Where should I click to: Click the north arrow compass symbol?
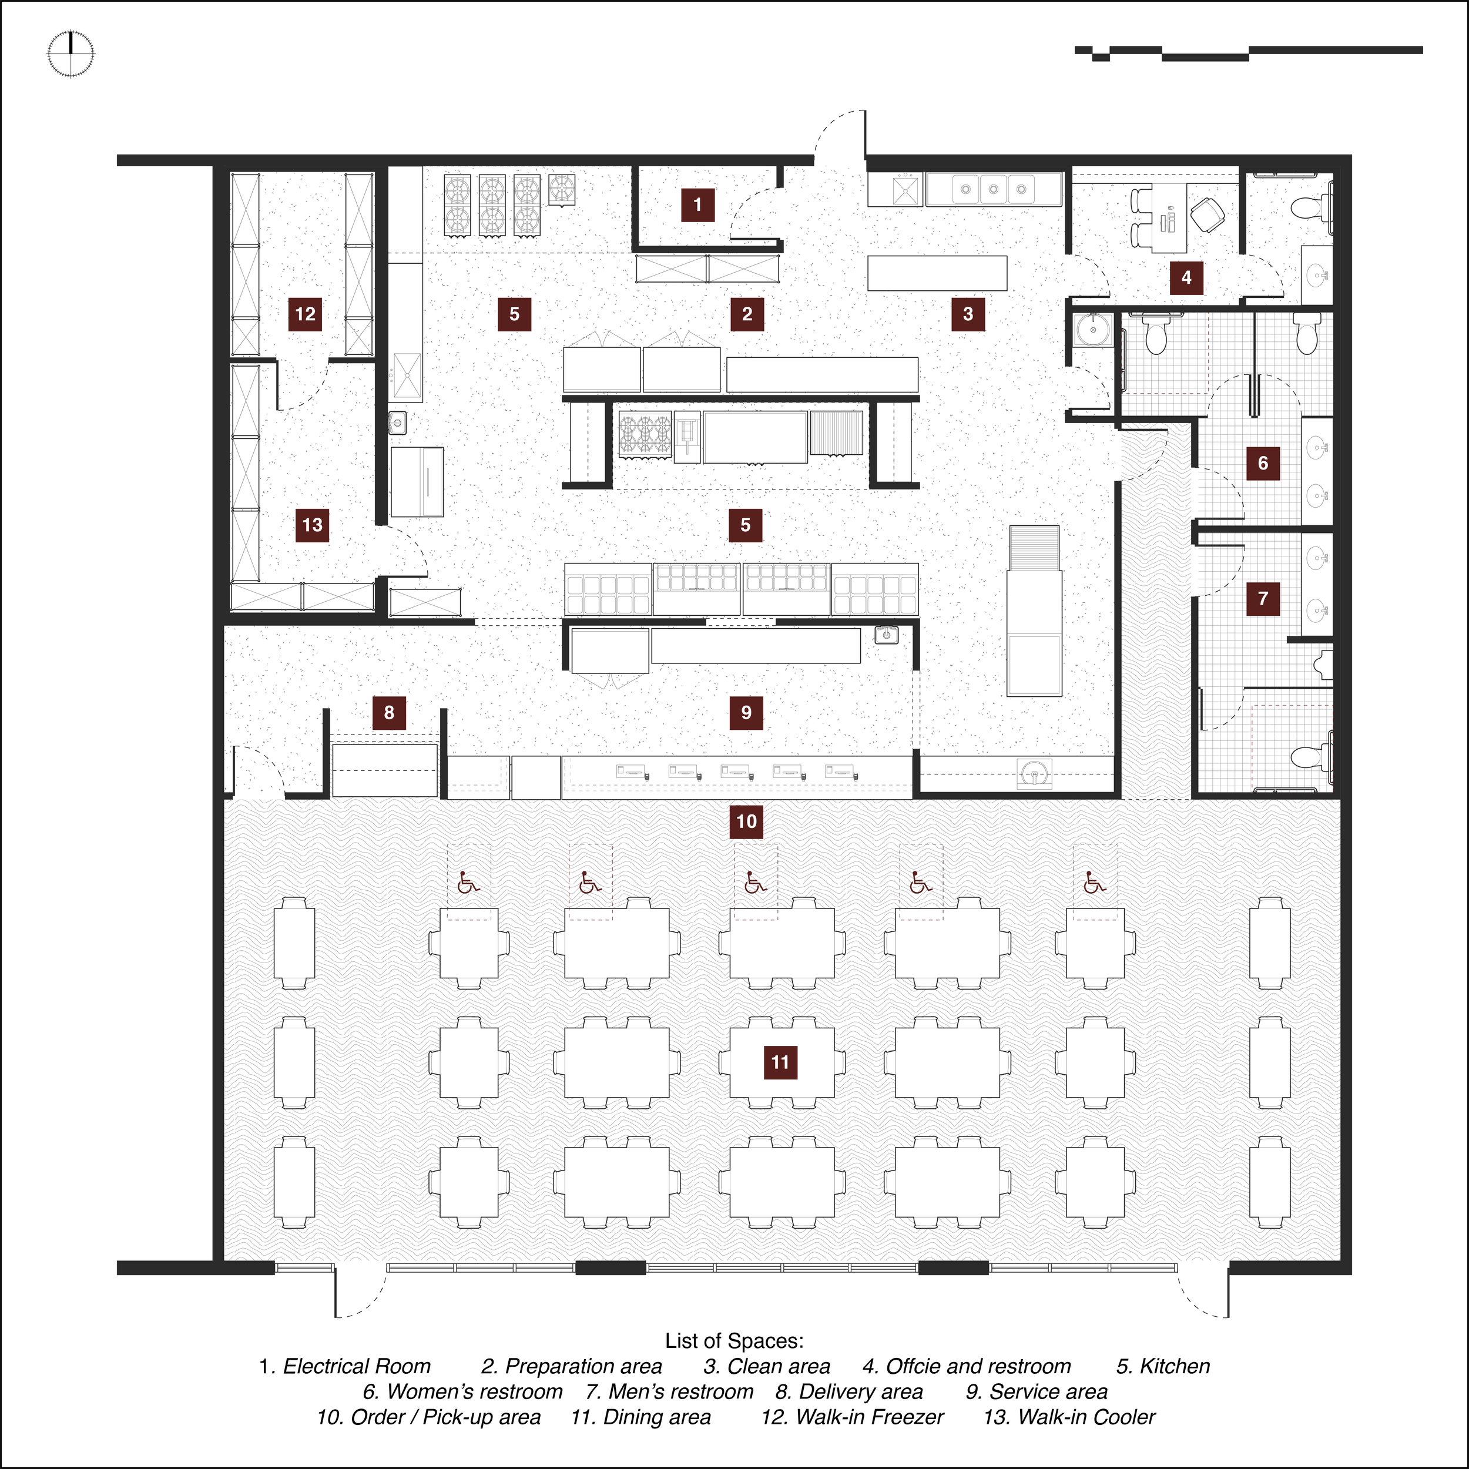pyautogui.click(x=71, y=54)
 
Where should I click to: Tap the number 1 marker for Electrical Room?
pyautogui.click(x=697, y=204)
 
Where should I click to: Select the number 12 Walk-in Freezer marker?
pyautogui.click(x=305, y=314)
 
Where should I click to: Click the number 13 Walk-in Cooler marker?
pyautogui.click(x=313, y=525)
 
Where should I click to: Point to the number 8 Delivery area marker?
pyautogui.click(x=390, y=712)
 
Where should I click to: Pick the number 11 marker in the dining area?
pyautogui.click(x=780, y=1062)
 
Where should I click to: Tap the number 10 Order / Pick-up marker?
pyautogui.click(x=747, y=821)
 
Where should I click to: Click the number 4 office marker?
pyautogui.click(x=1186, y=277)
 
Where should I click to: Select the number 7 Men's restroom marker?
pyautogui.click(x=1263, y=598)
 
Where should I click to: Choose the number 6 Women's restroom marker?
pyautogui.click(x=1263, y=463)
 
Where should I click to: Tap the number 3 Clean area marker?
pyautogui.click(x=968, y=314)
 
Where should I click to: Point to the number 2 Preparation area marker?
pyautogui.click(x=747, y=314)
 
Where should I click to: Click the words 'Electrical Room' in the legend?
pyautogui.click(x=357, y=1366)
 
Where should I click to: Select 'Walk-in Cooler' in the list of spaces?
pyautogui.click(x=1086, y=1417)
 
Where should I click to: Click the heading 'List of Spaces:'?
pyautogui.click(x=734, y=1340)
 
